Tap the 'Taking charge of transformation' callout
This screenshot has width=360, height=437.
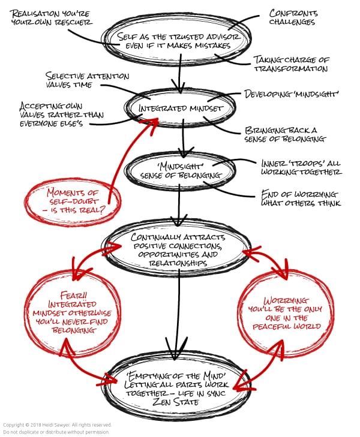tap(290, 64)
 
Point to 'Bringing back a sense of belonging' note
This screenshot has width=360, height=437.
tap(284, 134)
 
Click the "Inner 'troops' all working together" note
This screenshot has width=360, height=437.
tap(301, 167)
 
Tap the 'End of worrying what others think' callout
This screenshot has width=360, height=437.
tap(301, 198)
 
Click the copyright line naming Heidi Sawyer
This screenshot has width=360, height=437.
tap(57, 425)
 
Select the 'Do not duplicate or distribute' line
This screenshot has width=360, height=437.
tap(56, 432)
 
